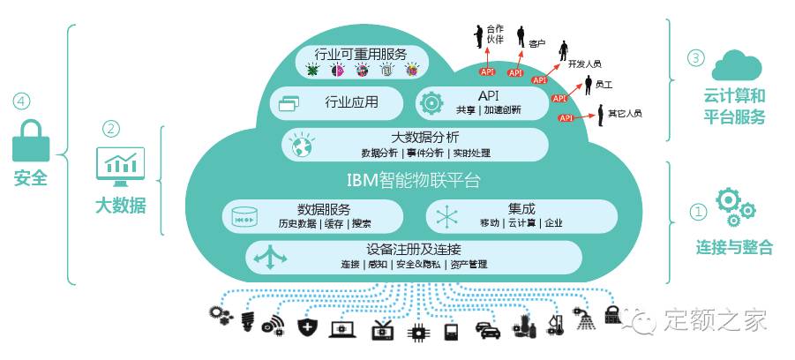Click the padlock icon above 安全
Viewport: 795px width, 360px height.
(30, 138)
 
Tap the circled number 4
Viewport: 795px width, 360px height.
(20, 101)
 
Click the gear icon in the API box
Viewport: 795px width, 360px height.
(431, 102)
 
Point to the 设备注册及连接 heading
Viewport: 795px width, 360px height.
(412, 249)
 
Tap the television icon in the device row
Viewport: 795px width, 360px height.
(382, 328)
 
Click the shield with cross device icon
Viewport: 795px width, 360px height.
(307, 328)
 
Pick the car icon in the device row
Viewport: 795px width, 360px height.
(488, 330)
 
